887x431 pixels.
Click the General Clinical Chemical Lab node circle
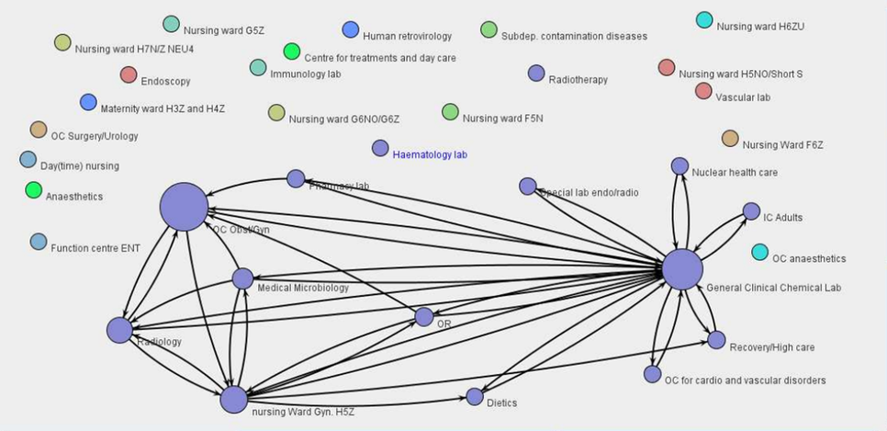coord(682,269)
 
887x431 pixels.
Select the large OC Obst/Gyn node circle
coord(185,206)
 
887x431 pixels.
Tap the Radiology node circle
coord(119,330)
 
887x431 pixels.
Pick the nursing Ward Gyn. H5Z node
coord(234,400)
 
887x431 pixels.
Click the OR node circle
coord(423,317)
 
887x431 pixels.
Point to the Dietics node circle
coord(475,397)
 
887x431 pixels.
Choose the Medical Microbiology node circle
coord(242,278)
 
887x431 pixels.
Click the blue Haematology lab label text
coord(430,154)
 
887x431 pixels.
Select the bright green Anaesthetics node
coord(34,190)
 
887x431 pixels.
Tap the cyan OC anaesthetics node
coord(760,252)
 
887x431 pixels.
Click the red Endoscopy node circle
coord(129,74)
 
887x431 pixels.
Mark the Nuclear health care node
coord(679,166)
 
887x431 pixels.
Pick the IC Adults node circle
coord(751,211)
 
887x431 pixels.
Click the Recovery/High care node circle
coord(716,340)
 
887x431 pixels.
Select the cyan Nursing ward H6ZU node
coord(704,20)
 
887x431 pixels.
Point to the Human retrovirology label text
coord(407,36)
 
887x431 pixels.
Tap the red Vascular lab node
coord(703,90)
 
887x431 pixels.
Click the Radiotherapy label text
coord(578,80)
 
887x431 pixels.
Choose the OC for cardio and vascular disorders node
coord(652,374)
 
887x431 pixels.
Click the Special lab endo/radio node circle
coord(528,187)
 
